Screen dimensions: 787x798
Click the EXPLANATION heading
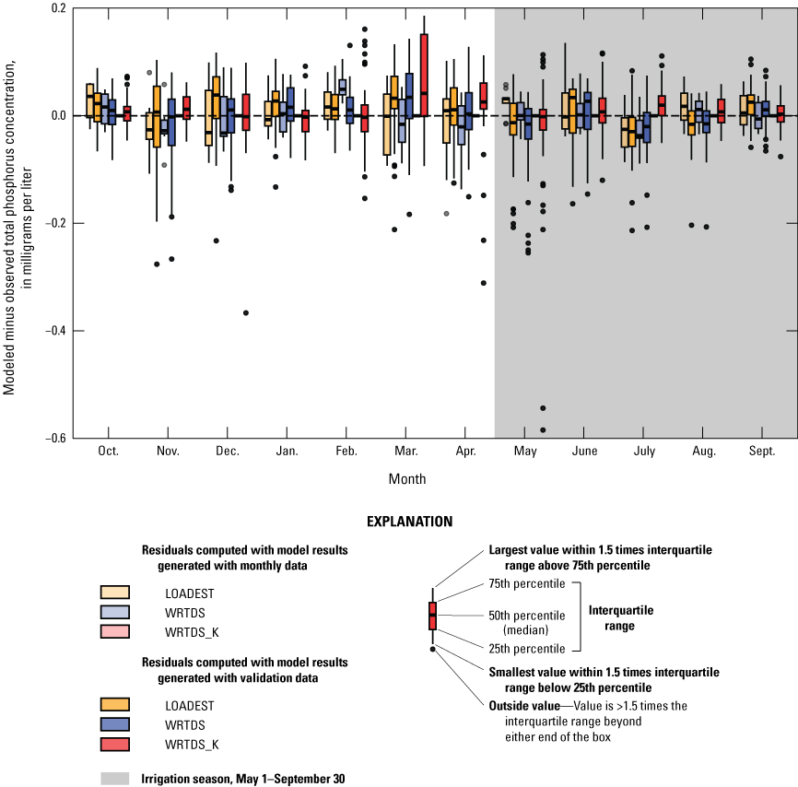click(x=409, y=522)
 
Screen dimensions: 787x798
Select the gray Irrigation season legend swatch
click(x=115, y=779)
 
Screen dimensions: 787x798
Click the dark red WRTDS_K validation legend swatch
click(x=115, y=745)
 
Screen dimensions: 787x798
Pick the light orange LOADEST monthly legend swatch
click(x=115, y=593)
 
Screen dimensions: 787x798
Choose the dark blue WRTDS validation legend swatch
click(x=115, y=724)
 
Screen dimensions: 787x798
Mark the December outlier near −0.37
click(x=246, y=313)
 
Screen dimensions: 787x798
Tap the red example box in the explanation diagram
click(x=432, y=615)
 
